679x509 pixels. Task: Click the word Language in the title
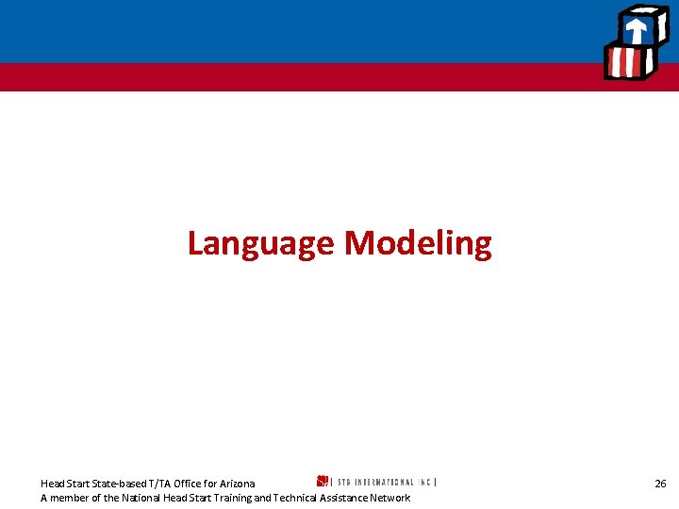point(261,244)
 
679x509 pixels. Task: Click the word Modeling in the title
point(417,244)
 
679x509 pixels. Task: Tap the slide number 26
point(660,484)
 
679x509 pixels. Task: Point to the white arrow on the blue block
point(637,28)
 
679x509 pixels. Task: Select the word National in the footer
point(140,498)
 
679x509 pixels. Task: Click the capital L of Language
point(195,244)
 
